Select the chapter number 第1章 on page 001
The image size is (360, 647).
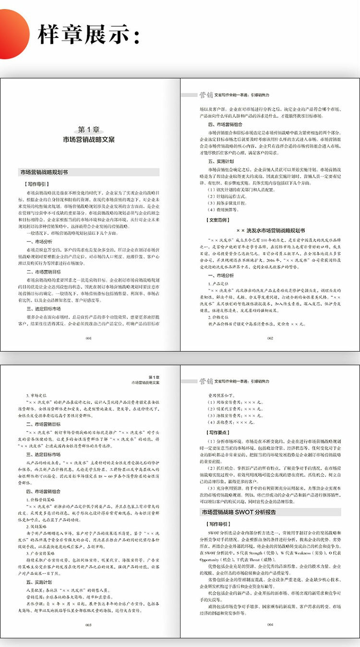[89, 130]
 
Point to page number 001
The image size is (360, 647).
[88, 338]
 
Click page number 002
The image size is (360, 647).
[270, 338]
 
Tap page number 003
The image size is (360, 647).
[88, 625]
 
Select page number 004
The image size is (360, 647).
[270, 625]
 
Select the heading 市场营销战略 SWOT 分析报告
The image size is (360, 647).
[238, 512]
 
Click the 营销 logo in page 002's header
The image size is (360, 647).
[206, 95]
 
